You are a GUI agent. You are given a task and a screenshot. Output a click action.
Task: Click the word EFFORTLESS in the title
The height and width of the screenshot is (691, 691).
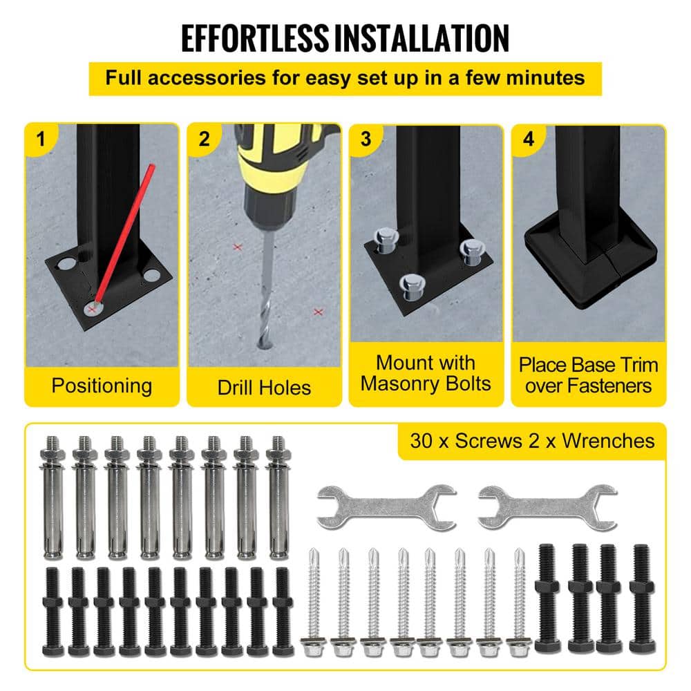[x=255, y=39]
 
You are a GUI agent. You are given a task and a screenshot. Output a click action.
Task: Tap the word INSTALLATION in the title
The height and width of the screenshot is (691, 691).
[x=422, y=39]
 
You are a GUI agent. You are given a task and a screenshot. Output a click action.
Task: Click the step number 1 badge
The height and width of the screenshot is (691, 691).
[x=41, y=140]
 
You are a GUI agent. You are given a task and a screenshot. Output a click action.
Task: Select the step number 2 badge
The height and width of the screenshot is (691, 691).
[x=204, y=140]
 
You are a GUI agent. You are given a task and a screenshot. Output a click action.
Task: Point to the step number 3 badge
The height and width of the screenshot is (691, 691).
[x=366, y=140]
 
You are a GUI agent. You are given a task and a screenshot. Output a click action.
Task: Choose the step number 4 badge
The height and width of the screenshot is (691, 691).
[x=529, y=140]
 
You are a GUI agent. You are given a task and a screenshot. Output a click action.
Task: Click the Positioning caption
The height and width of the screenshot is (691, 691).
[x=102, y=386]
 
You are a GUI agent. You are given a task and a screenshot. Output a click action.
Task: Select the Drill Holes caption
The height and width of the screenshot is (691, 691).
[x=264, y=388]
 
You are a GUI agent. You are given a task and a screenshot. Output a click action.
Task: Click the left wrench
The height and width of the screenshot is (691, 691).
[x=386, y=507]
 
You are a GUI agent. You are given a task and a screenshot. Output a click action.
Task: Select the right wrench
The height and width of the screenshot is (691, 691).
[x=547, y=507]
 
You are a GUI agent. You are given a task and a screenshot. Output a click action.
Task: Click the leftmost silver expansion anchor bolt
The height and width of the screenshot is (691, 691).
[x=53, y=498]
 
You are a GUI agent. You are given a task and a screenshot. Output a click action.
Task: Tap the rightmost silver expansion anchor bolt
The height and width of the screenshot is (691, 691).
[x=278, y=498]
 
